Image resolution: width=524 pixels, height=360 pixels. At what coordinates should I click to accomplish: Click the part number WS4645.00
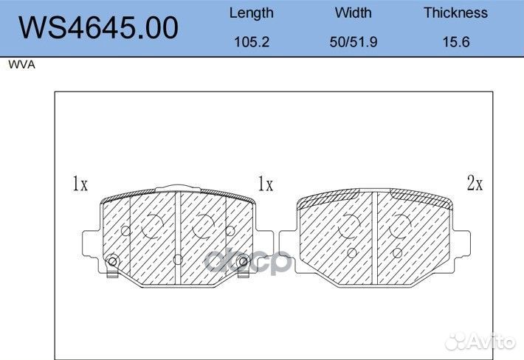coord(98,28)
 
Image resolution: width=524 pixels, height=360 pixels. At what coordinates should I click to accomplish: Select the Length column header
coord(252,13)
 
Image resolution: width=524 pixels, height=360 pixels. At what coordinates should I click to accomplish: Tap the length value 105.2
coord(252,42)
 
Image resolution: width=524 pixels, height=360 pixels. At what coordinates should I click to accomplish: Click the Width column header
coord(354,13)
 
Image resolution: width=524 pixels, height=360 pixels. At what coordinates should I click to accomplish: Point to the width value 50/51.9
coord(354,42)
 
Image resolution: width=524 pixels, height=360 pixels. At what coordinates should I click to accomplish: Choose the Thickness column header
coord(456,13)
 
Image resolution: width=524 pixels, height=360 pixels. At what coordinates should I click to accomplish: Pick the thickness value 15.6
coord(456,42)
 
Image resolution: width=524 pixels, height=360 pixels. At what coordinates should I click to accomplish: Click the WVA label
coord(21,64)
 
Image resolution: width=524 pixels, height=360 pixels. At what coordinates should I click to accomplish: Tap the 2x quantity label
coord(475,183)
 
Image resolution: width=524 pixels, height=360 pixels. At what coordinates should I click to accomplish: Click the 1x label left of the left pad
coord(80,184)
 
